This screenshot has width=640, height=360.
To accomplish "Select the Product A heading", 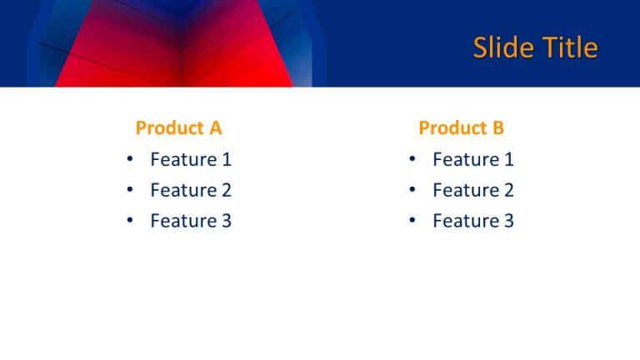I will [178, 127].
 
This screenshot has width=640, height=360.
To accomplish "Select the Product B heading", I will [461, 127].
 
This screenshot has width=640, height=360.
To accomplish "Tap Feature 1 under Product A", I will [191, 159].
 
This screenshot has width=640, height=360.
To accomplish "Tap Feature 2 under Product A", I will [191, 190].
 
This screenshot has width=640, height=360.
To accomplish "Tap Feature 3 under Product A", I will [191, 221].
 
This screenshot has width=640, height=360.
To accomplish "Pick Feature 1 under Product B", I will [473, 159].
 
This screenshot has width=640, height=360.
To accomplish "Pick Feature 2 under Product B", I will [473, 190].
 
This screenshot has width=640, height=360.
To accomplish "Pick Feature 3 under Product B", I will [473, 221].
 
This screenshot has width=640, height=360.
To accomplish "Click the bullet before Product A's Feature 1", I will [129, 159].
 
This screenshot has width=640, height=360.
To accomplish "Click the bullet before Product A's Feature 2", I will [129, 190].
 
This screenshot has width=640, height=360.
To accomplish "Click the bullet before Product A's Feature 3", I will [129, 221].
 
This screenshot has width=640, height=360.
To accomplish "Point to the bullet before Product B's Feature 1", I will [412, 159].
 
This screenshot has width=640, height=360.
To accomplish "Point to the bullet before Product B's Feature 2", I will [412, 190].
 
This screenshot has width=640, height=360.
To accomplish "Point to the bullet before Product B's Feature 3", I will [412, 221].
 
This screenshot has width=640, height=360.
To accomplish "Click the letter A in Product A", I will [215, 127].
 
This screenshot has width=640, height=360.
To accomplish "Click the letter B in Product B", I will [497, 127].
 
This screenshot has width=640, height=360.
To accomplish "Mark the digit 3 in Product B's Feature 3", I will [508, 221].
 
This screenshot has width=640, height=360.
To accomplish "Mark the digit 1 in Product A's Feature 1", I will [226, 159].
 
